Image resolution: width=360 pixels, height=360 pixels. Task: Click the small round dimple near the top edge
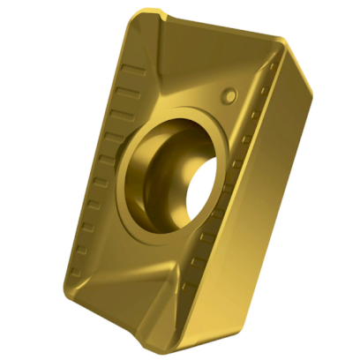tap(230, 92)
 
